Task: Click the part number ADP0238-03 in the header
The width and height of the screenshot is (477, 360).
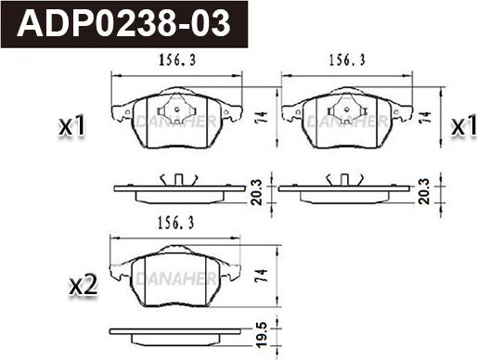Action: [x=123, y=23]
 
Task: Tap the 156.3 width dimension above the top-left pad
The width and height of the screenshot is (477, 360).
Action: [x=177, y=60]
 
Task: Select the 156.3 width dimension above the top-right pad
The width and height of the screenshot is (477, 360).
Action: [x=347, y=60]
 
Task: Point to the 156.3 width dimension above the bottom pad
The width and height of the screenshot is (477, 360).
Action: [x=176, y=223]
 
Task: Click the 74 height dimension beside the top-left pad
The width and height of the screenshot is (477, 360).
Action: [x=262, y=117]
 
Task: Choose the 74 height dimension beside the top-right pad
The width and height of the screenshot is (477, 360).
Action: [x=425, y=117]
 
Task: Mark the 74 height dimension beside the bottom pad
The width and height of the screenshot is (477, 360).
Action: [x=261, y=276]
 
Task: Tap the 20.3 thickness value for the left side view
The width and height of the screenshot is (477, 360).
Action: [x=256, y=192]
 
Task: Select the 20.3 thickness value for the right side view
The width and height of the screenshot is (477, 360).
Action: [x=424, y=191]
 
